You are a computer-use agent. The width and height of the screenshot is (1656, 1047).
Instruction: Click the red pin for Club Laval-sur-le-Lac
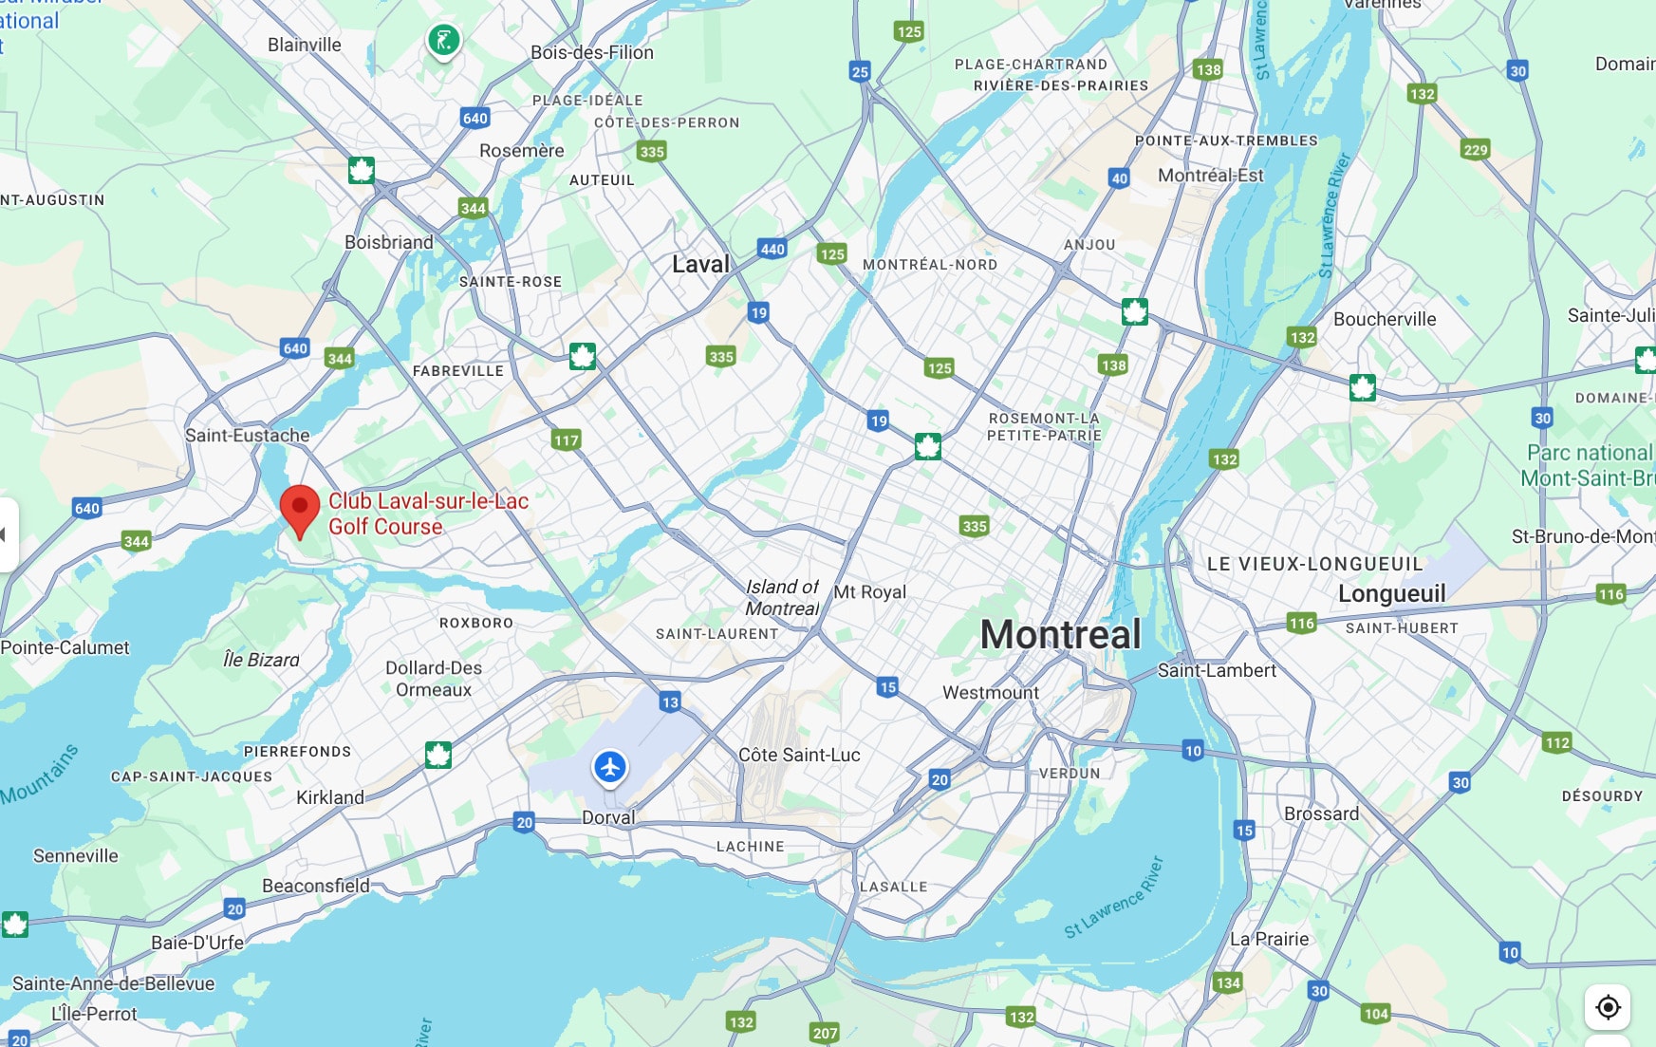click(300, 508)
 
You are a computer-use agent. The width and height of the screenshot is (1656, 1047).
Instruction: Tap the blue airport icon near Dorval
click(609, 767)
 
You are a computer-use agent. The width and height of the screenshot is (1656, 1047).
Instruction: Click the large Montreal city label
click(1060, 635)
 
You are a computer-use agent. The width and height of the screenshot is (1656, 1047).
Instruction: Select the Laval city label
click(700, 265)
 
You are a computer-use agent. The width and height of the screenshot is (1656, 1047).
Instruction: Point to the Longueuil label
click(1391, 594)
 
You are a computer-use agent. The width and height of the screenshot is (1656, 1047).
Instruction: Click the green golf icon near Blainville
click(443, 41)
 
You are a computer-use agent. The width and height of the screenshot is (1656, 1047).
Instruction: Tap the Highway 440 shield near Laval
click(772, 249)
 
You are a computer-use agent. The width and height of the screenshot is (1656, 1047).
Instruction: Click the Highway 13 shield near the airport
click(670, 702)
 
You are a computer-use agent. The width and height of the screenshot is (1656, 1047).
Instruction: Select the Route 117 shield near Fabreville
click(566, 439)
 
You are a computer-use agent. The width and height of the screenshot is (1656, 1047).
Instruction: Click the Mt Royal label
click(869, 592)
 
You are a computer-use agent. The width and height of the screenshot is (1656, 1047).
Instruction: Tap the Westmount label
click(990, 693)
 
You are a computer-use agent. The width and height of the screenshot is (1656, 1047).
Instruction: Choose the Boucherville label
click(1384, 320)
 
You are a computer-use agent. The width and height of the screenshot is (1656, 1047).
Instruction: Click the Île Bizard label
click(261, 660)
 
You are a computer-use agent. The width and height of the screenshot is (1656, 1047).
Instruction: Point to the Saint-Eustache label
click(247, 436)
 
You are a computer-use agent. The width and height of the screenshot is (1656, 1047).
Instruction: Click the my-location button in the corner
click(1608, 1006)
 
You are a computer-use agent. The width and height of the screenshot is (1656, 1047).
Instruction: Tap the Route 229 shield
click(1476, 149)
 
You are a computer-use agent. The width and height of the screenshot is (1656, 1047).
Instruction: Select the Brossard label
click(1321, 813)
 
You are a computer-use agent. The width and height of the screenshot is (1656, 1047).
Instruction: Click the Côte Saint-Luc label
click(799, 756)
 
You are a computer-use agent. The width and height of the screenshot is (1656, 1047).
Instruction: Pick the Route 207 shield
click(825, 1033)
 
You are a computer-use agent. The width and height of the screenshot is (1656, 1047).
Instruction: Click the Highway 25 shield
click(860, 71)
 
